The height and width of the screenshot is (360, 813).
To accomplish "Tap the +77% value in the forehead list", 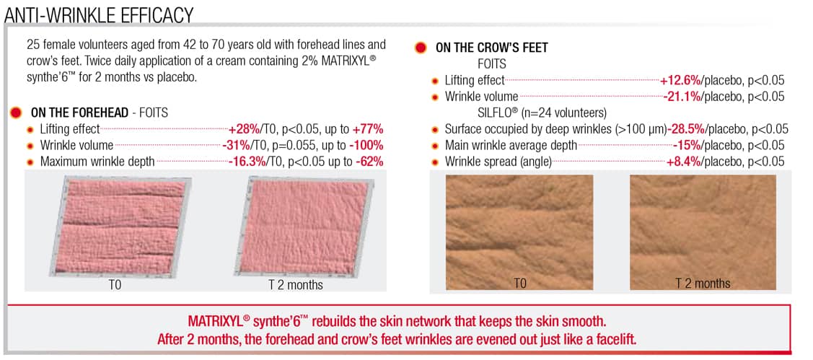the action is click(x=368, y=129).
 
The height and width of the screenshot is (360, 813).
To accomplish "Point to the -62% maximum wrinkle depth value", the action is click(x=369, y=162).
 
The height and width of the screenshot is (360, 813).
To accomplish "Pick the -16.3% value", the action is click(x=247, y=162).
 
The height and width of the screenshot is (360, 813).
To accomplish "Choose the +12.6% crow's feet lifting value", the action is click(x=679, y=80).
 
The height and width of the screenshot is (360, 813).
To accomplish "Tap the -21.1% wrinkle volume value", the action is click(x=681, y=97).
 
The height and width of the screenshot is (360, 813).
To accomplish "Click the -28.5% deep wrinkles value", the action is click(x=685, y=129).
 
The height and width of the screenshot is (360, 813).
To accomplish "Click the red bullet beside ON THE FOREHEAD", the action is click(x=16, y=113).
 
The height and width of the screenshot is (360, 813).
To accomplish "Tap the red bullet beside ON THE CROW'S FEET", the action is click(x=421, y=48).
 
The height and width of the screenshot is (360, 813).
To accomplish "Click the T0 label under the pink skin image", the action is click(x=115, y=285).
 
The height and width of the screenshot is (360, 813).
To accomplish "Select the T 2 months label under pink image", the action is click(x=296, y=285).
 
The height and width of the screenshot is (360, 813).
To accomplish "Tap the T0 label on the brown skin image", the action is click(x=519, y=284).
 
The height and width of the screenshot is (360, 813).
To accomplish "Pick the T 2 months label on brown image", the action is click(x=703, y=284).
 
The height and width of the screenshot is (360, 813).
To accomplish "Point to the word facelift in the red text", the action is click(x=612, y=340).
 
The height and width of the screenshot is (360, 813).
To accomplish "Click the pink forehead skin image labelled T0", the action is click(x=123, y=224).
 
